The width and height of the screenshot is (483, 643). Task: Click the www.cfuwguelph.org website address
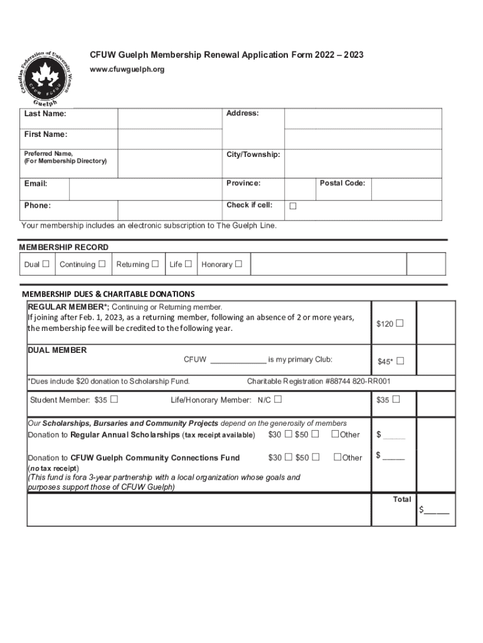coord(127,69)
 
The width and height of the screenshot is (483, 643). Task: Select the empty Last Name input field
coord(170,119)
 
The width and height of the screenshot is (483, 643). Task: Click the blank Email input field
coord(146,188)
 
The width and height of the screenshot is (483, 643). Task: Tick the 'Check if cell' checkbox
coord(292,206)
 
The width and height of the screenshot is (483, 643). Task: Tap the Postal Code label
coord(342,183)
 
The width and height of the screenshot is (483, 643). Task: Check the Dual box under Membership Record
coord(46,264)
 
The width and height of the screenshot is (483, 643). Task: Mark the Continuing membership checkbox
coord(102,264)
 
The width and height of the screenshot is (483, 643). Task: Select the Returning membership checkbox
coord(155,264)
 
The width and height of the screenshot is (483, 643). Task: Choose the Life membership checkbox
coord(188,264)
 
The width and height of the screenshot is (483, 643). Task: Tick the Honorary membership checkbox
coord(238,264)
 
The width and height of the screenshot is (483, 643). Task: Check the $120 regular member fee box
coord(399,323)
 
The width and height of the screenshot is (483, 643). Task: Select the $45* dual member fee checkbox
coord(400,361)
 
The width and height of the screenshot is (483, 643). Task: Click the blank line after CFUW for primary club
coord(238,360)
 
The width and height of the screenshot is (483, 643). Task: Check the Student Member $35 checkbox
coord(114,399)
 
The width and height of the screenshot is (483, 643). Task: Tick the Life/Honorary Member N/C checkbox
coord(277,399)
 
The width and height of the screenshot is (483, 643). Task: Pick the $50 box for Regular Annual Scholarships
coord(315,434)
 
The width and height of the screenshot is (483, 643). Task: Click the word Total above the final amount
coord(401,499)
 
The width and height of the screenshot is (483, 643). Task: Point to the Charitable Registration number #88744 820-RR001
coord(319,381)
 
